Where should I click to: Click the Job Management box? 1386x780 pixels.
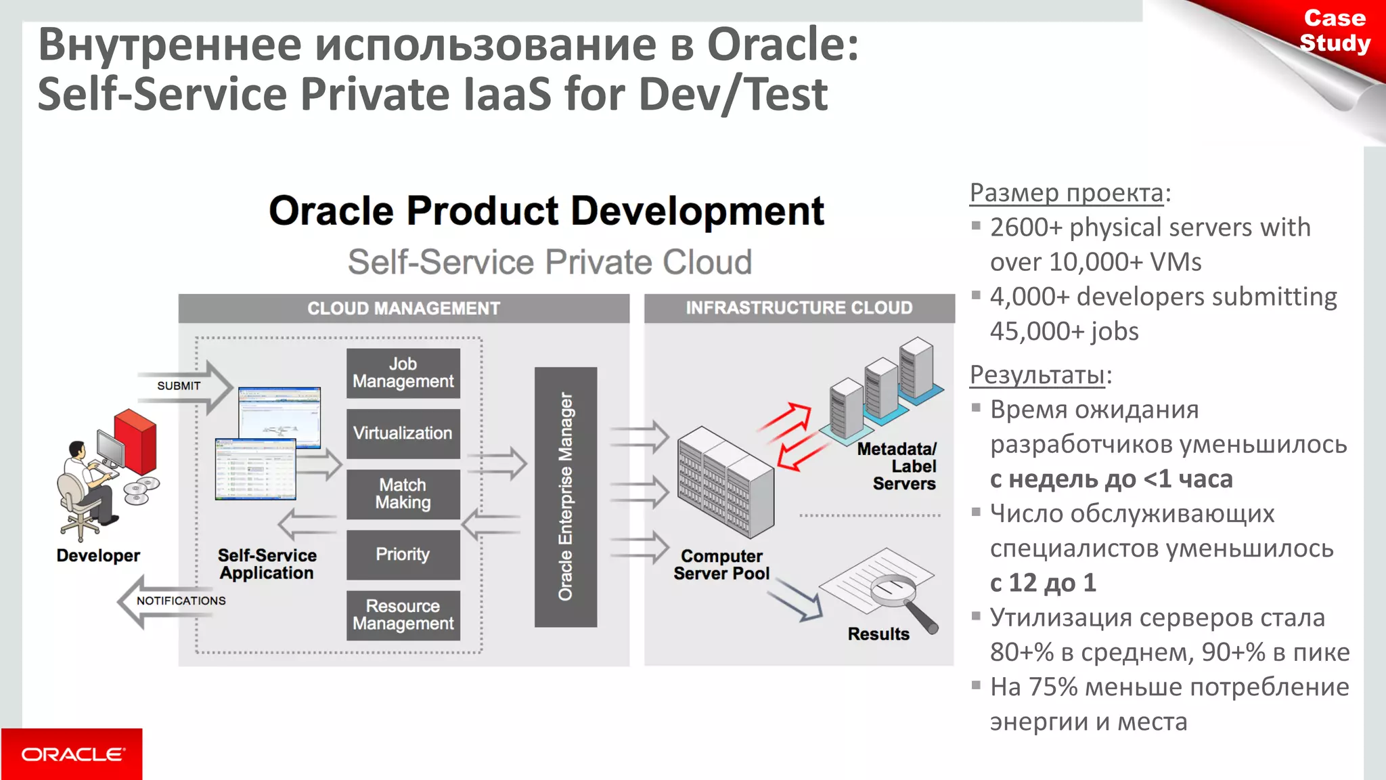[403, 373]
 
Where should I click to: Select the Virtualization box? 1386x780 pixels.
[403, 433]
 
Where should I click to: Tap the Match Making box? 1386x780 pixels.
[403, 494]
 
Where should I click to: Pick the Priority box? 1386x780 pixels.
[403, 555]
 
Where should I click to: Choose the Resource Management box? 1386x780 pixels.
[403, 615]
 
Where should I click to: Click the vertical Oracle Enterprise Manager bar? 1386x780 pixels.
[566, 496]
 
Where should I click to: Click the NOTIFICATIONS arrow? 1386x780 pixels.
[173, 601]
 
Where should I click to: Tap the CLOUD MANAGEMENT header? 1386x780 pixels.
[403, 309]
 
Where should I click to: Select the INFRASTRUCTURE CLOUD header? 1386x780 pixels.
[799, 308]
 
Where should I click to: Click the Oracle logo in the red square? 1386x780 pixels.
[72, 754]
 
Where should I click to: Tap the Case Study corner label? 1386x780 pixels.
[1334, 30]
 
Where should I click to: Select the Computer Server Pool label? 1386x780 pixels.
[721, 565]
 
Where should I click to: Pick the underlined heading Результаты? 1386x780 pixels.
[1037, 374]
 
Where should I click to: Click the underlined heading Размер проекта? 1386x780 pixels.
[1066, 193]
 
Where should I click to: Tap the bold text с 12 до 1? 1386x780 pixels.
[1042, 583]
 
